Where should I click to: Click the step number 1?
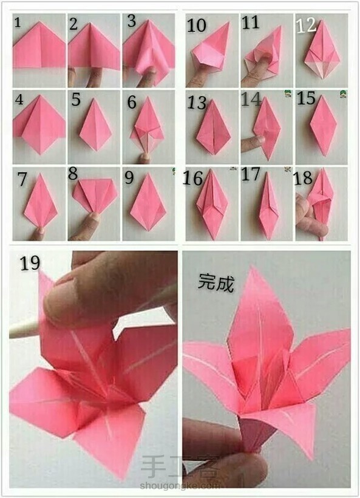click(18, 22)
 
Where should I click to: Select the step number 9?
click(129, 178)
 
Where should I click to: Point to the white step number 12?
click(307, 25)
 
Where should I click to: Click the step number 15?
click(306, 98)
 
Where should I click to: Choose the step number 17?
click(251, 174)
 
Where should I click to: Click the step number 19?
click(30, 263)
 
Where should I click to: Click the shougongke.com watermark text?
click(180, 485)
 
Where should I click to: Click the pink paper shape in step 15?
click(323, 126)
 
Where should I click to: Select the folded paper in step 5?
click(95, 125)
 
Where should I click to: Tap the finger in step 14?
click(253, 143)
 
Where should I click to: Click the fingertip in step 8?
click(92, 219)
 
